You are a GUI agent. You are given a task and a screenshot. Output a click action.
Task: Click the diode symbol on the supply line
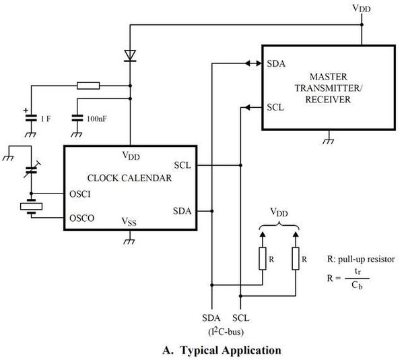click(130, 56)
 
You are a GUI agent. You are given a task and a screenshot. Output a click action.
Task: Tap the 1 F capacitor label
click(46, 119)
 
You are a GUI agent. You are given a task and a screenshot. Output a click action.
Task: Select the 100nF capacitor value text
click(96, 119)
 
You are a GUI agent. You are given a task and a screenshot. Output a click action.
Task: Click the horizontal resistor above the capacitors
click(88, 86)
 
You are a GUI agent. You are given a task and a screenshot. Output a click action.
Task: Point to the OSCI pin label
click(80, 194)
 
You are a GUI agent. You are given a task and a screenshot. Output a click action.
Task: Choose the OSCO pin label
click(82, 218)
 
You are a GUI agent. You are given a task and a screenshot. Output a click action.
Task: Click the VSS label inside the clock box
click(129, 222)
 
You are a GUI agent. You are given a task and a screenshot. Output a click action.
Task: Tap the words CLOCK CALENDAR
click(129, 178)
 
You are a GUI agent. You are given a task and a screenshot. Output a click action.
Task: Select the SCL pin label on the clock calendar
click(182, 165)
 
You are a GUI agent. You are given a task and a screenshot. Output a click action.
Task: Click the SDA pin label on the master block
click(276, 63)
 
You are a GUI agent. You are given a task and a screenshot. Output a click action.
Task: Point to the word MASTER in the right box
click(329, 77)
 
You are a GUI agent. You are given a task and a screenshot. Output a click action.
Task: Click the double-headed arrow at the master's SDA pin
click(253, 63)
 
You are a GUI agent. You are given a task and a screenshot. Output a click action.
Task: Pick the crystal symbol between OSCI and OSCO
click(31, 206)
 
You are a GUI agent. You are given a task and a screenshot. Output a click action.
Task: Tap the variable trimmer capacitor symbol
click(32, 170)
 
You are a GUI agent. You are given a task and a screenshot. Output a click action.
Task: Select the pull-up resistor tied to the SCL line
click(296, 258)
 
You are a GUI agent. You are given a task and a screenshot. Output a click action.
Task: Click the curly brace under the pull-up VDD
click(279, 227)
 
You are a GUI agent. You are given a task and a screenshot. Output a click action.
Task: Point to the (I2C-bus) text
click(226, 332)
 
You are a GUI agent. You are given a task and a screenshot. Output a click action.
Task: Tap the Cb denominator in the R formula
click(357, 285)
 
